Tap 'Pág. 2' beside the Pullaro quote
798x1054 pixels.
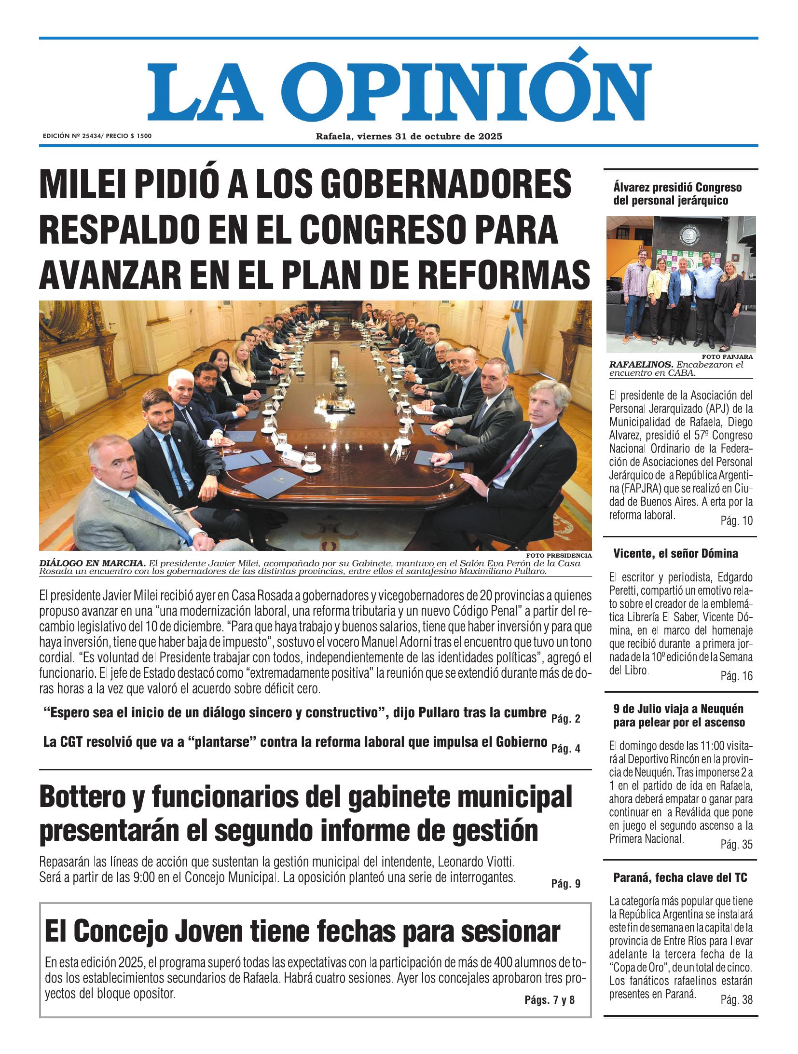565,719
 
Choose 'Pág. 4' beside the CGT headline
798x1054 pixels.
565,749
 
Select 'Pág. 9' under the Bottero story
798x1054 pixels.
565,884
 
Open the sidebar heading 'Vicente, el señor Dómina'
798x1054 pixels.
675,553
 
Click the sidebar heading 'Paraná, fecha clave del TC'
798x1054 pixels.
680,877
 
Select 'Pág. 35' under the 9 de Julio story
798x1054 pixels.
736,844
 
